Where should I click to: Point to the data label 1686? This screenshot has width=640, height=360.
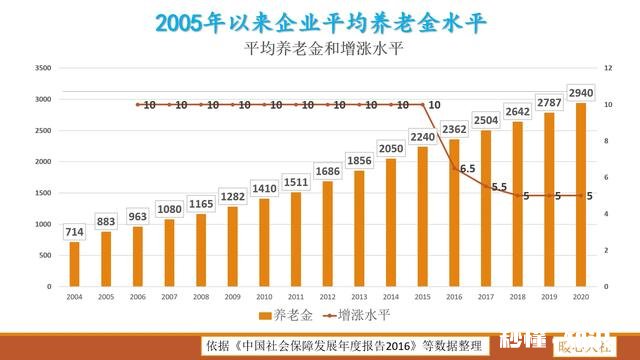point(328,172)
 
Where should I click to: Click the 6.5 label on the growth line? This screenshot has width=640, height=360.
point(467,168)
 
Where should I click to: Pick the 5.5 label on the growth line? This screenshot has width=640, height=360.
point(500,186)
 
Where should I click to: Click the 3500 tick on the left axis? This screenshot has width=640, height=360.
point(42,68)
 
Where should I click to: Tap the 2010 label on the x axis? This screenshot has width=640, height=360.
point(264,297)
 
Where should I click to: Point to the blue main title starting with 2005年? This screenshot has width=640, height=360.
point(320,22)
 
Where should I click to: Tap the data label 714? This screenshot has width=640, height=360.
point(74,232)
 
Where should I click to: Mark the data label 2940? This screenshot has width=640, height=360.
point(580,93)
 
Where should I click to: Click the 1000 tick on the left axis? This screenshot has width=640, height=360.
point(42,224)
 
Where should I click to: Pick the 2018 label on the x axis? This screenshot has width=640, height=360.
point(517,297)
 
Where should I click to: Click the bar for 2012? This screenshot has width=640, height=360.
point(327,234)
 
